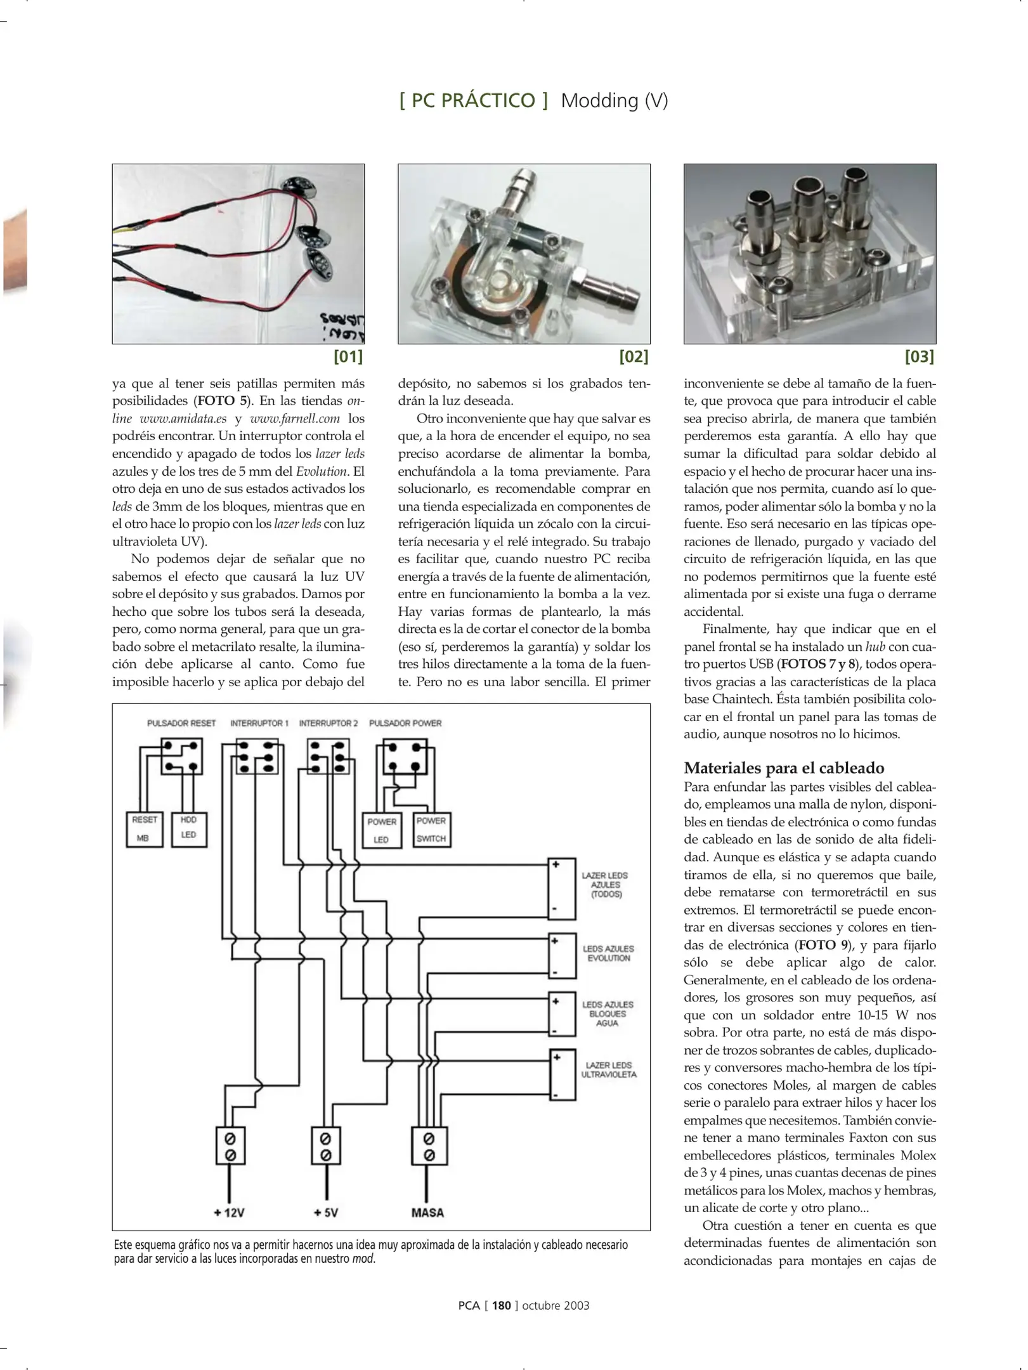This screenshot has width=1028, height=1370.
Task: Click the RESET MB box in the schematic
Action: (145, 828)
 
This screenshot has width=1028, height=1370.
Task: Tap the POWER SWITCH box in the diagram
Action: (431, 829)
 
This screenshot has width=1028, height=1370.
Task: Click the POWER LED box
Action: (382, 830)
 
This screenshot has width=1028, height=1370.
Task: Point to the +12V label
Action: (229, 1213)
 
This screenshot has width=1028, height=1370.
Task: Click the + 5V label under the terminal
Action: (325, 1213)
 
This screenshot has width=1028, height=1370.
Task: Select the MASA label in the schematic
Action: (427, 1213)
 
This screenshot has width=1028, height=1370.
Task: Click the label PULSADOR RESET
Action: (181, 723)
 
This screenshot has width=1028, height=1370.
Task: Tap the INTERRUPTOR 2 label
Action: (329, 723)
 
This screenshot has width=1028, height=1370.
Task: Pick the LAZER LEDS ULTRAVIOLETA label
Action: (609, 1069)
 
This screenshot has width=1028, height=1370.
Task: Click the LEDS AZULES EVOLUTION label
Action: (608, 953)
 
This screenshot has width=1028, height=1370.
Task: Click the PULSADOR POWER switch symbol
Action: (405, 757)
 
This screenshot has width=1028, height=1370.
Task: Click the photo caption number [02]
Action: (634, 356)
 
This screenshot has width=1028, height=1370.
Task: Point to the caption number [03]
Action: (919, 356)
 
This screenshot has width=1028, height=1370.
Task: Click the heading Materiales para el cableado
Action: (784, 767)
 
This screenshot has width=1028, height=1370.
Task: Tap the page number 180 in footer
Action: (501, 1305)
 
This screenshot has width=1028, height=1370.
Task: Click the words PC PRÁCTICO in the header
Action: (473, 100)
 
